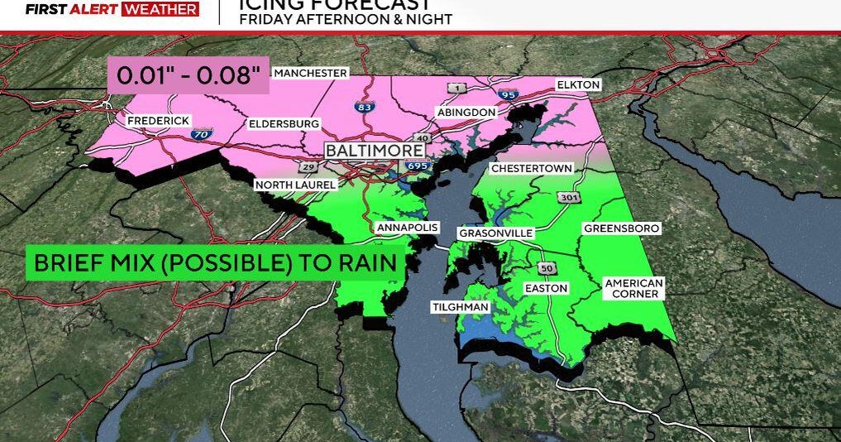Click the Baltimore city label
(375, 151)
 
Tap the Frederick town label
(159, 121)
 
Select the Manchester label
(310, 73)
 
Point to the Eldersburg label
(284, 123)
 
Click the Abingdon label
(467, 112)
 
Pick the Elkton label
(578, 84)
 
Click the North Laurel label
(295, 185)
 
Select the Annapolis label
(407, 227)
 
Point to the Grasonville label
(496, 233)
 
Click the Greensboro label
(622, 228)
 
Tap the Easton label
(547, 288)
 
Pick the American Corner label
(634, 288)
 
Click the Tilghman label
(461, 307)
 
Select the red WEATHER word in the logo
(160, 10)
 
